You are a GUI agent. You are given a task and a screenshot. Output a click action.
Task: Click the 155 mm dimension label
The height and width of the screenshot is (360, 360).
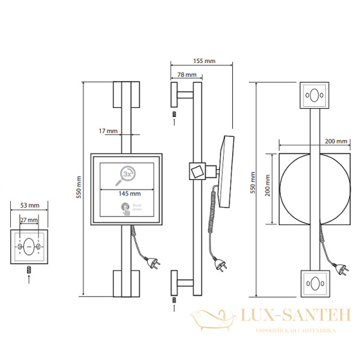[205, 61]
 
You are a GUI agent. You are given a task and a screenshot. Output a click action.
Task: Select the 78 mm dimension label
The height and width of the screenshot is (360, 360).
[187, 75]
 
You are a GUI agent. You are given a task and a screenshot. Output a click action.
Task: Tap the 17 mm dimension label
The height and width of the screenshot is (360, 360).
[109, 130]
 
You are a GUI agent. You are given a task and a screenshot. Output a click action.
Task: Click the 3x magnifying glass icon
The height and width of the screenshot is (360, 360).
[127, 173]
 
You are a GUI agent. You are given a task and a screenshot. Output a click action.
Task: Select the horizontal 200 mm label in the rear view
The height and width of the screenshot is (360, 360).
[336, 141]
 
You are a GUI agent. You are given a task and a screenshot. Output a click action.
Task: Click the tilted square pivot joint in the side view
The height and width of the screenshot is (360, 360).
[196, 171]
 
